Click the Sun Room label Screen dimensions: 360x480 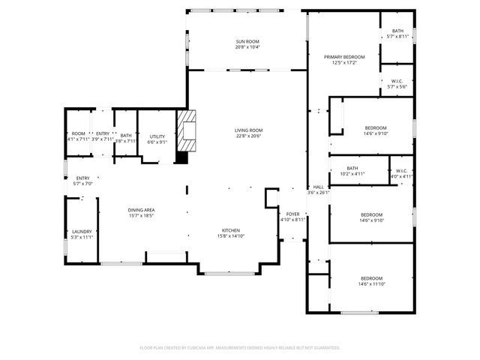point(247,41)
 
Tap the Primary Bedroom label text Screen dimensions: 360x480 point(344,57)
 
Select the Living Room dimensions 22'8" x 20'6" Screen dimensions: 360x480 point(247,136)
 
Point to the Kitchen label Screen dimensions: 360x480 point(230,230)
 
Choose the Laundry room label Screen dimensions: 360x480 point(81,232)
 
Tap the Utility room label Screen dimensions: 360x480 point(157,136)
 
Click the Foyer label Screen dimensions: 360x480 point(292,214)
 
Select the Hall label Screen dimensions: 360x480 point(318,187)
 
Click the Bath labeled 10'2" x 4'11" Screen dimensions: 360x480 point(352,169)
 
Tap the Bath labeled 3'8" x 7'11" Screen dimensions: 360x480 point(126,135)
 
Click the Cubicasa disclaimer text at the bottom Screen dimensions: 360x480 point(240,347)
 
